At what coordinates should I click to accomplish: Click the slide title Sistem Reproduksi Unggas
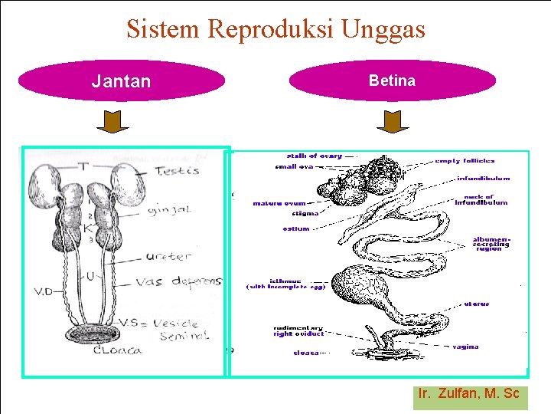[275, 29]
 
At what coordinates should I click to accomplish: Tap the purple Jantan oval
[121, 81]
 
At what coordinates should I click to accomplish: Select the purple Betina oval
[392, 80]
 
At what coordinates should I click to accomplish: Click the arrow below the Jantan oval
[117, 122]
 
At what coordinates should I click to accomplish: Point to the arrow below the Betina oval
[393, 122]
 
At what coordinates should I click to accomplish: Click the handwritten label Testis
[177, 171]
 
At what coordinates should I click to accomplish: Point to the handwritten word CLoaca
[119, 352]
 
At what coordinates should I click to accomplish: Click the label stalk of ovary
[315, 156]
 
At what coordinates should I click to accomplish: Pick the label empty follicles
[465, 161]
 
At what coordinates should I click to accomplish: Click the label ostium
[295, 228]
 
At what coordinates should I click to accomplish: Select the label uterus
[476, 304]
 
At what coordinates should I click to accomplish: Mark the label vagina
[465, 347]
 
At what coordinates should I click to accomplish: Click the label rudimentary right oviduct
[298, 330]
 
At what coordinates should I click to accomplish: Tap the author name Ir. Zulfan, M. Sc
[469, 394]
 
